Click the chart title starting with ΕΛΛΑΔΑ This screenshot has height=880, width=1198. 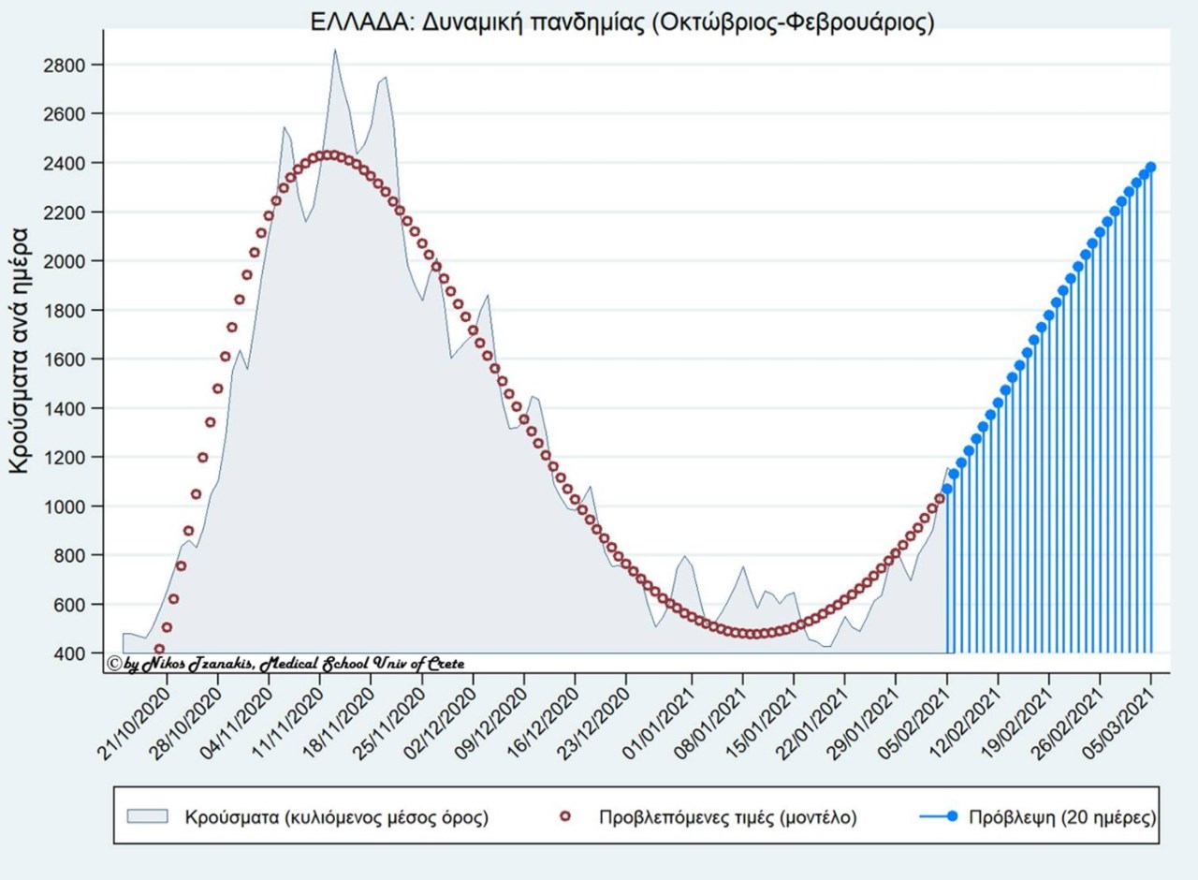coord(622,22)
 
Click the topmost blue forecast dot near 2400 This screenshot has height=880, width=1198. coord(1150,167)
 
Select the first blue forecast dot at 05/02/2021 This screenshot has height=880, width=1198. coord(947,489)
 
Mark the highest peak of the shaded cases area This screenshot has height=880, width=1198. coord(335,51)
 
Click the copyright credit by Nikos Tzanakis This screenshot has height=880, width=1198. coord(285,663)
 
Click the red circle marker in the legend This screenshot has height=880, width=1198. coord(564,816)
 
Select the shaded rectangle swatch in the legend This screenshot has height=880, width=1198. coord(148,816)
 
